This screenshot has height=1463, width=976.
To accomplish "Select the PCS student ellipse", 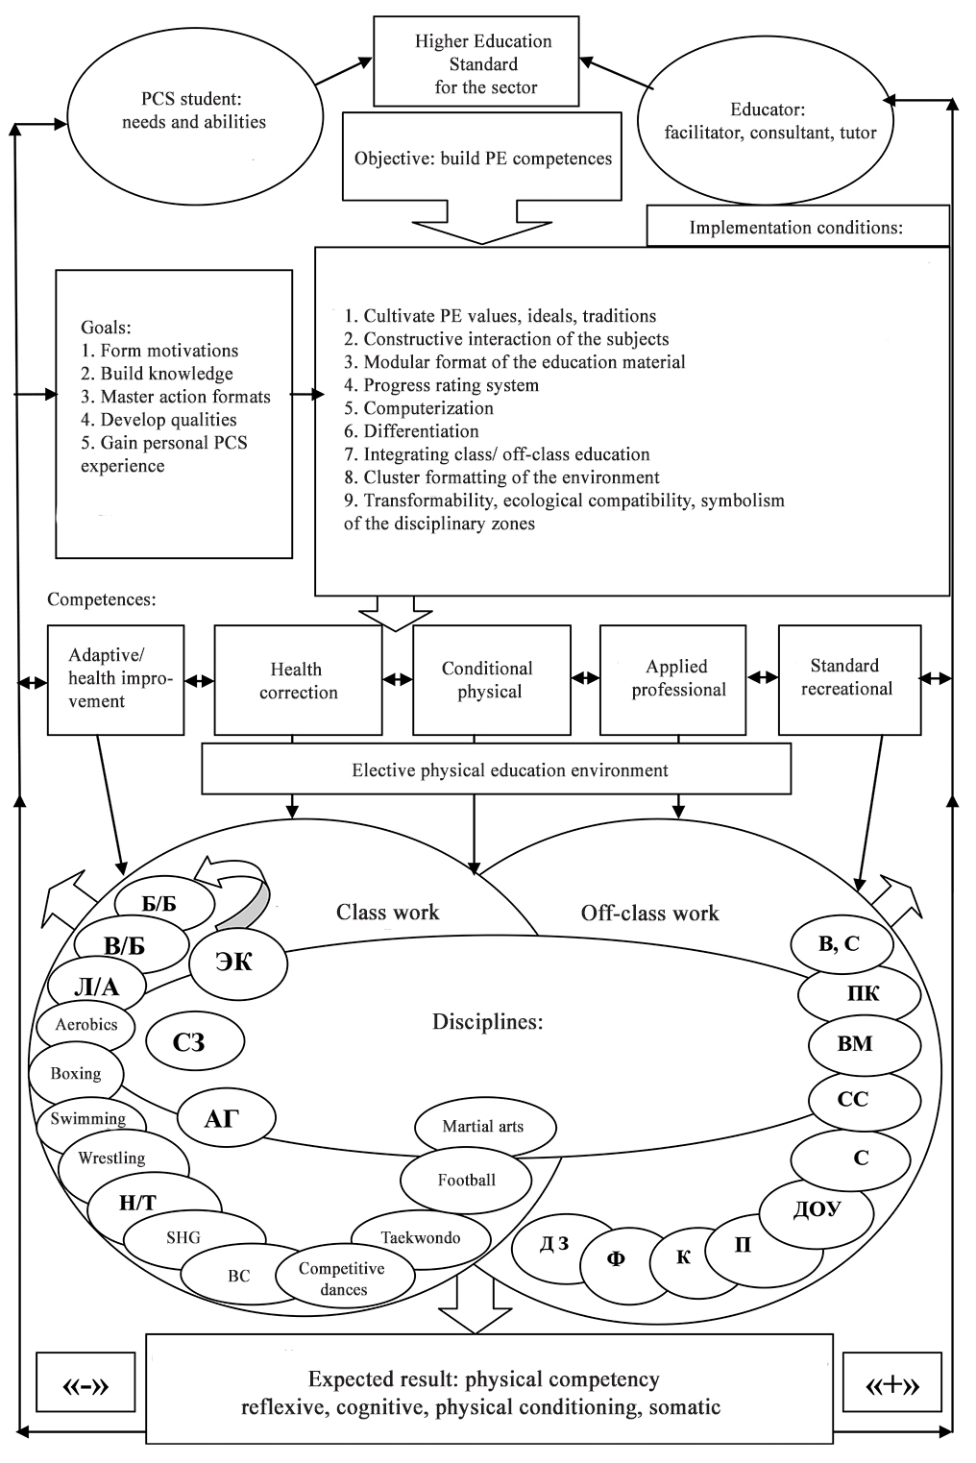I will click(x=194, y=111).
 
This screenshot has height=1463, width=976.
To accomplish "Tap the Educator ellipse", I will click(x=769, y=121).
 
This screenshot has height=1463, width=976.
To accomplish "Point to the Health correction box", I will click(x=298, y=680).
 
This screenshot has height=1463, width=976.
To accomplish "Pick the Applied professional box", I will click(x=678, y=678).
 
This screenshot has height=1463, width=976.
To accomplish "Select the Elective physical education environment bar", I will click(x=496, y=770).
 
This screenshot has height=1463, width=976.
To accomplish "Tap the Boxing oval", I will click(x=76, y=1074).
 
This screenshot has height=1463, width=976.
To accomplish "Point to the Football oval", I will click(x=466, y=1180).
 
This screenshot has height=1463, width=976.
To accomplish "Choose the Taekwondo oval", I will click(x=420, y=1237).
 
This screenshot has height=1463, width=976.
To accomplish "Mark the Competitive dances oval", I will click(x=342, y=1279).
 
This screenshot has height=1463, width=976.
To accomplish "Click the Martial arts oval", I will click(x=483, y=1127).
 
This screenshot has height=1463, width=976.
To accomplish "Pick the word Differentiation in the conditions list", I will click(x=421, y=431).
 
